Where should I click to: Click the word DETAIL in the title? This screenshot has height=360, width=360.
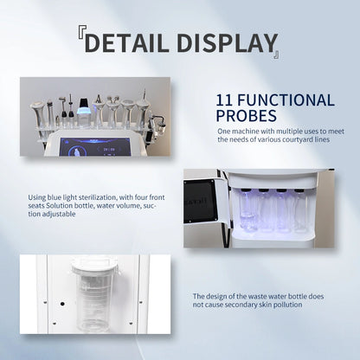click(x=126, y=42)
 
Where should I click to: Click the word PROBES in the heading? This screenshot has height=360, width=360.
click(x=246, y=115)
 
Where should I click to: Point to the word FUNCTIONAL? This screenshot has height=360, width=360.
click(x=286, y=100)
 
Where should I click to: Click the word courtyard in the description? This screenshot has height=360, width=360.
click(x=300, y=139)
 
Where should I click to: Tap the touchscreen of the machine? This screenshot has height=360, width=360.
click(x=94, y=147)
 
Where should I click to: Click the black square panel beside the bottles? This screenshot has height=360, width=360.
click(x=200, y=201)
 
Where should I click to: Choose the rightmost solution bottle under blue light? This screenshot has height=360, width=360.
click(x=300, y=210)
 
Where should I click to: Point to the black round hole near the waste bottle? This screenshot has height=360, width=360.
click(x=62, y=304)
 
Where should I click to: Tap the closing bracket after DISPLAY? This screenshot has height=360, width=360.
click(x=276, y=54)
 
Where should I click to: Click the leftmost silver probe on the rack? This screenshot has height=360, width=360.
click(x=37, y=115)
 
